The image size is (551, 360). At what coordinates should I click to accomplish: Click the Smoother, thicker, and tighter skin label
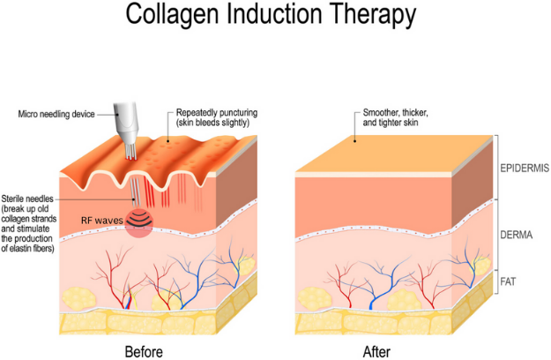[x=403, y=118]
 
